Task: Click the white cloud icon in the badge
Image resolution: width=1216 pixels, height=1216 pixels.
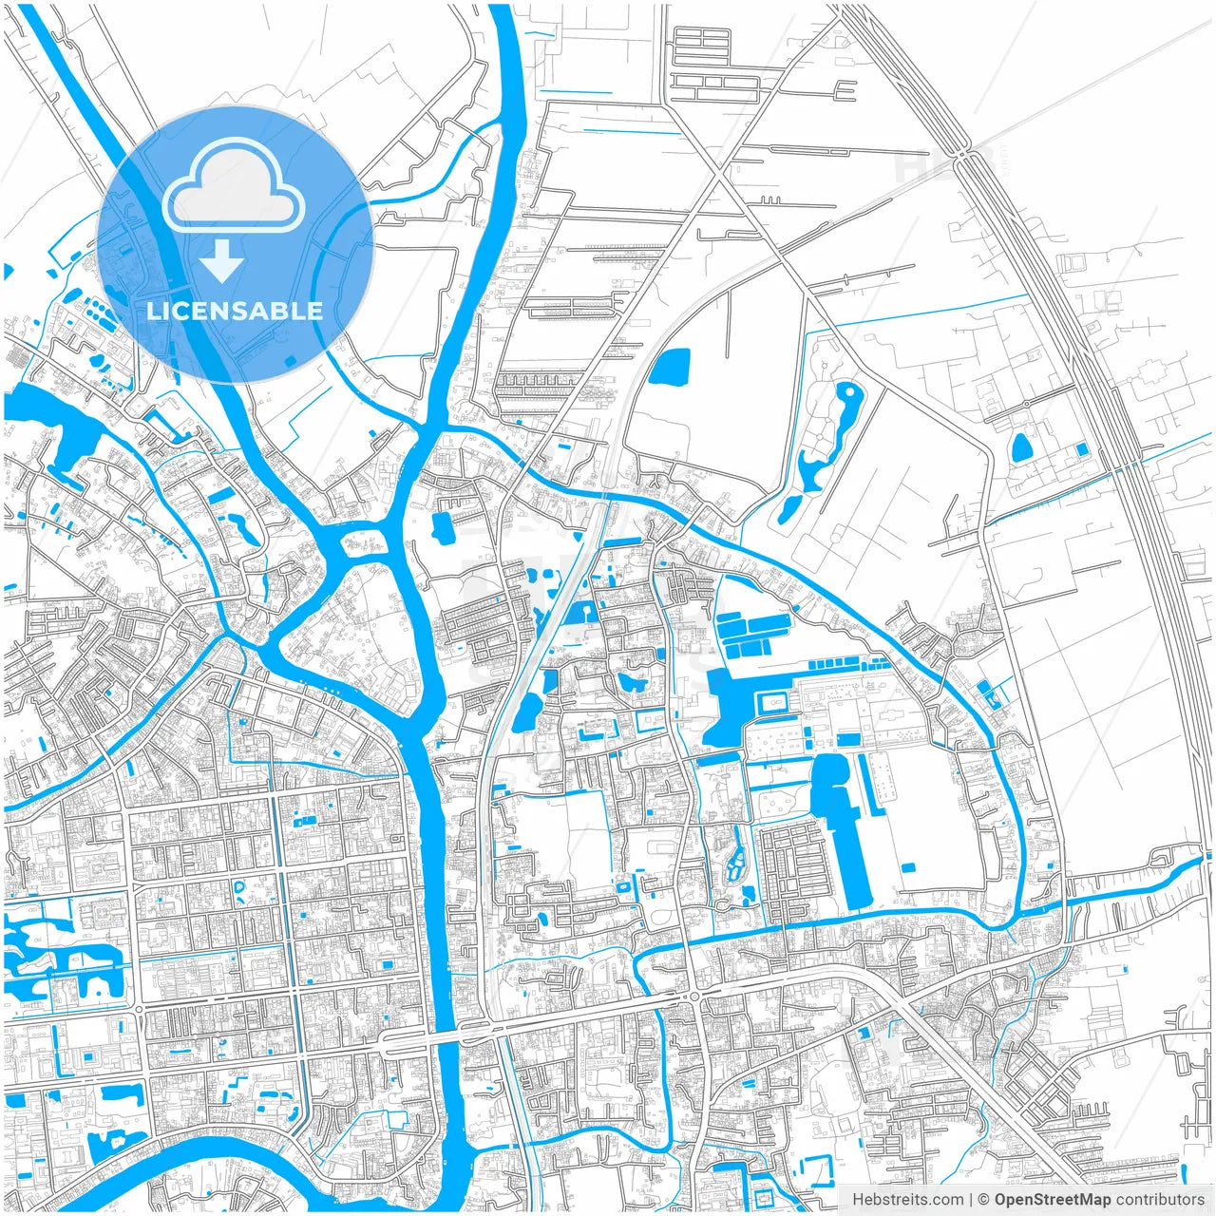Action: pos(234,187)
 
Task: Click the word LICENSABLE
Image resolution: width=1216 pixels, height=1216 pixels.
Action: pos(235,311)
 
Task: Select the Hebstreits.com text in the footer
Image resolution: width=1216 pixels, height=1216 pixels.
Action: pos(907,1200)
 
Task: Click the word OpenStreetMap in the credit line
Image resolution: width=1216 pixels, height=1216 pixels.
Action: pos(1053,1200)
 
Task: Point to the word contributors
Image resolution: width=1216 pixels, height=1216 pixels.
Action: pos(1160,1200)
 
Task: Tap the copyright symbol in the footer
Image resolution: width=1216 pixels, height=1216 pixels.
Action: pos(984,1200)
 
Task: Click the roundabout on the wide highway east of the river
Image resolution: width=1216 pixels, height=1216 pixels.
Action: pos(694,995)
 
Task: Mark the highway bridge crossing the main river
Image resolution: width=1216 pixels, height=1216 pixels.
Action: pos(446,1034)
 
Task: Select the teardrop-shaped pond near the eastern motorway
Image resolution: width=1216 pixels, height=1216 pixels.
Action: pos(1022,446)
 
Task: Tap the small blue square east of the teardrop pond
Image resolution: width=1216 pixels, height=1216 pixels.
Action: pos(1081,448)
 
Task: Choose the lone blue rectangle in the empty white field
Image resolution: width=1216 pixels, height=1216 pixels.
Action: pos(908,866)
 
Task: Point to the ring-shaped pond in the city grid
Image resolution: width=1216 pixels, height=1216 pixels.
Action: pos(239,890)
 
